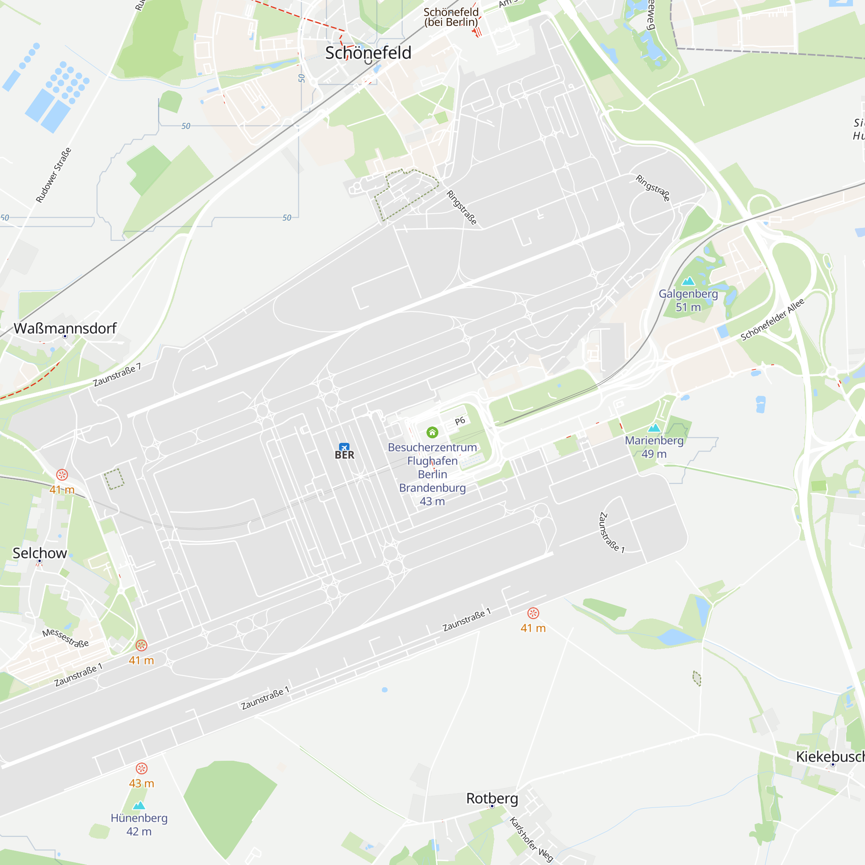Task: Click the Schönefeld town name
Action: click(368, 53)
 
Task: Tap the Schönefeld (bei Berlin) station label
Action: click(451, 17)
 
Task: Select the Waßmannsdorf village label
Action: click(65, 328)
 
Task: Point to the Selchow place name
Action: click(40, 553)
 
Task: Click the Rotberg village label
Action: click(492, 798)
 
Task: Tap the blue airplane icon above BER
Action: click(344, 447)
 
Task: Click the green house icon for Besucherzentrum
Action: click(432, 432)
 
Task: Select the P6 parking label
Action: click(460, 421)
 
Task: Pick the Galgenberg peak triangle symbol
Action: click(688, 281)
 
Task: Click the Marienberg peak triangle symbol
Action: click(654, 428)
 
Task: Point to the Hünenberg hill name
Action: click(139, 818)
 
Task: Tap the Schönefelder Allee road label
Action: click(772, 319)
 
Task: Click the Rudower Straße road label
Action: click(54, 175)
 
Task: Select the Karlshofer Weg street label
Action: click(532, 840)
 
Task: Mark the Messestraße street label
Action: click(65, 638)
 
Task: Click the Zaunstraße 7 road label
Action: click(117, 375)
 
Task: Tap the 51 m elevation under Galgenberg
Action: click(688, 307)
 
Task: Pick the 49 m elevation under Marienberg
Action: click(654, 454)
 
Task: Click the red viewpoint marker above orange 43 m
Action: click(141, 768)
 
